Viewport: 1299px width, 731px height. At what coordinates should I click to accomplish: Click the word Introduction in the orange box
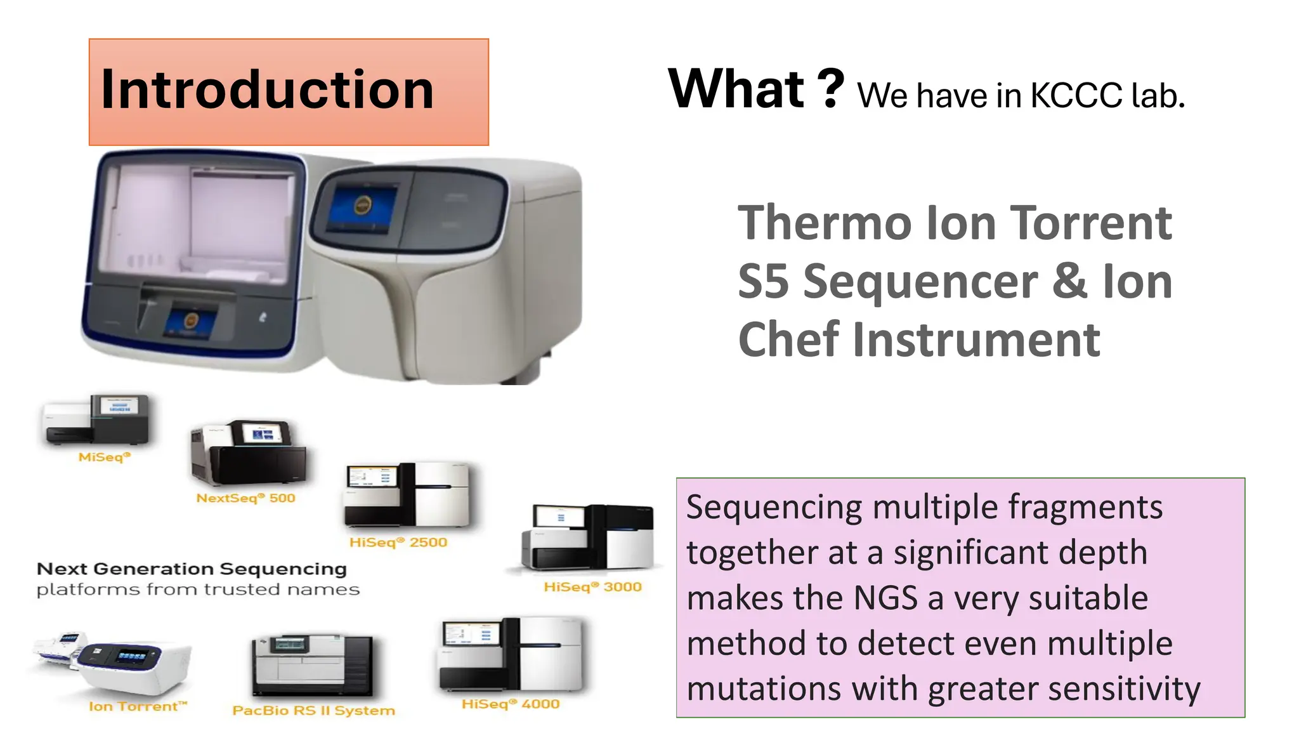pos(267,90)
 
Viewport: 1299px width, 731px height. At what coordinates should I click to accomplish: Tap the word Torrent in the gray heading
pos(1091,223)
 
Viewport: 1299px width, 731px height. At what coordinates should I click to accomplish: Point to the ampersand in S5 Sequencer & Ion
pos(1069,281)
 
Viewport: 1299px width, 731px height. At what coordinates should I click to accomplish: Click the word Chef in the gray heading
pos(788,340)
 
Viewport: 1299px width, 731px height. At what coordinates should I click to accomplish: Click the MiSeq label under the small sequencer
pos(104,457)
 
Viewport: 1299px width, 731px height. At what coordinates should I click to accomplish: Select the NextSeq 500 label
pos(245,498)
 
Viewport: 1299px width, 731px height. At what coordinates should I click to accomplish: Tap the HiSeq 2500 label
pos(398,543)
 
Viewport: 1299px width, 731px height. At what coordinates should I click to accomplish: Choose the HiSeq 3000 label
pos(592,587)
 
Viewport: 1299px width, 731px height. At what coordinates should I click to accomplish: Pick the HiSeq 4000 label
pos(511,704)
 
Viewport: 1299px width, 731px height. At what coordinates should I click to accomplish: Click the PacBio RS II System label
pos(313,710)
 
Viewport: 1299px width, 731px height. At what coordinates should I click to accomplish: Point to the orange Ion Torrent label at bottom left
pos(138,706)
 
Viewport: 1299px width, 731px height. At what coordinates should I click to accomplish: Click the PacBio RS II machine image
pos(313,665)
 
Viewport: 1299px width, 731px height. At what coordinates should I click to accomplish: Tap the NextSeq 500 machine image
pos(249,454)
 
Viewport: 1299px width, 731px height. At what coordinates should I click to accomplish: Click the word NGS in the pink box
pos(885,598)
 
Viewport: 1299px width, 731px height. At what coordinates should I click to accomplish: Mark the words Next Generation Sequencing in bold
pos(192,569)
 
